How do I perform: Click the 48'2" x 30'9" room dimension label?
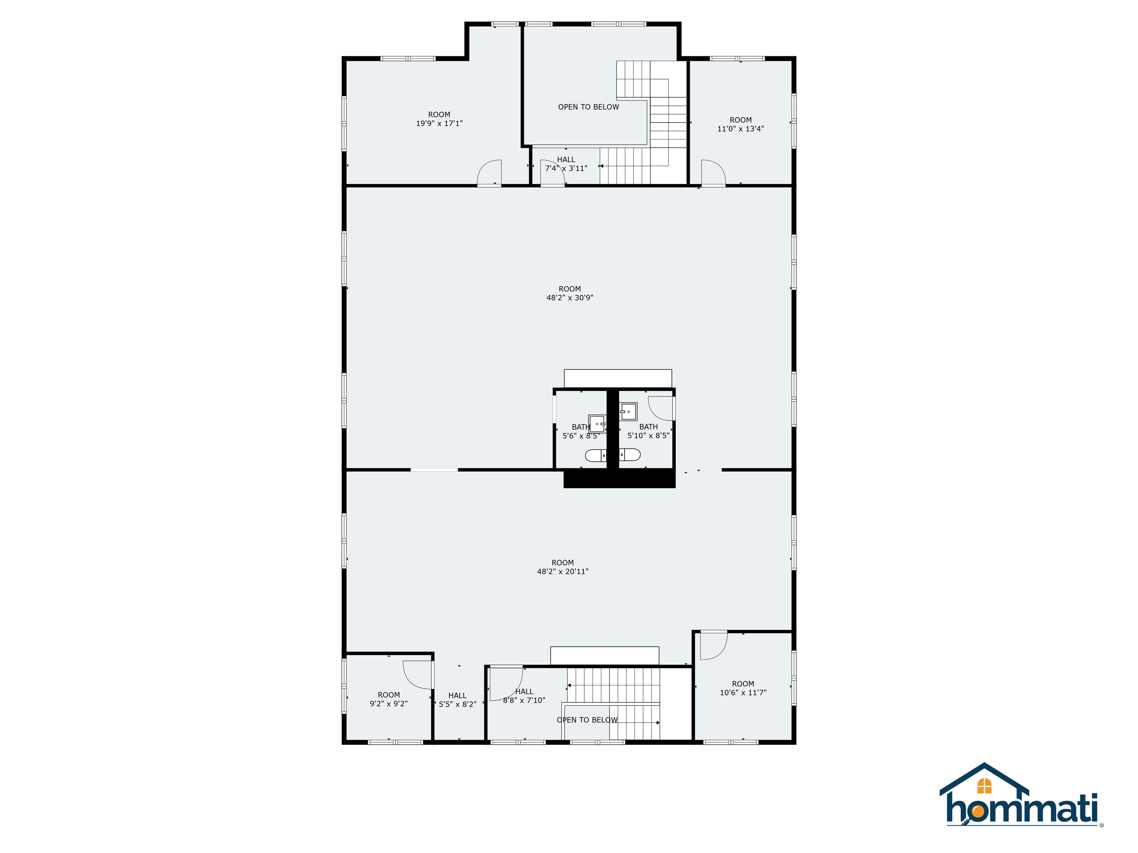click(569, 298)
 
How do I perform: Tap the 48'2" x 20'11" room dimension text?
click(562, 571)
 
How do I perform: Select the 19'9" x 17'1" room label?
click(439, 123)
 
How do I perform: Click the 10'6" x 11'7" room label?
click(742, 693)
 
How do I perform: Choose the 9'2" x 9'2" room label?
click(389, 704)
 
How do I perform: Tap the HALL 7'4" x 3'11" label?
click(566, 164)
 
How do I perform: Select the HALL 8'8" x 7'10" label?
click(524, 696)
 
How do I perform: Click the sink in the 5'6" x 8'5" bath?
click(597, 424)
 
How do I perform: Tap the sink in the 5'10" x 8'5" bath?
click(628, 411)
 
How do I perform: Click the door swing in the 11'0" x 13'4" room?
click(713, 172)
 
